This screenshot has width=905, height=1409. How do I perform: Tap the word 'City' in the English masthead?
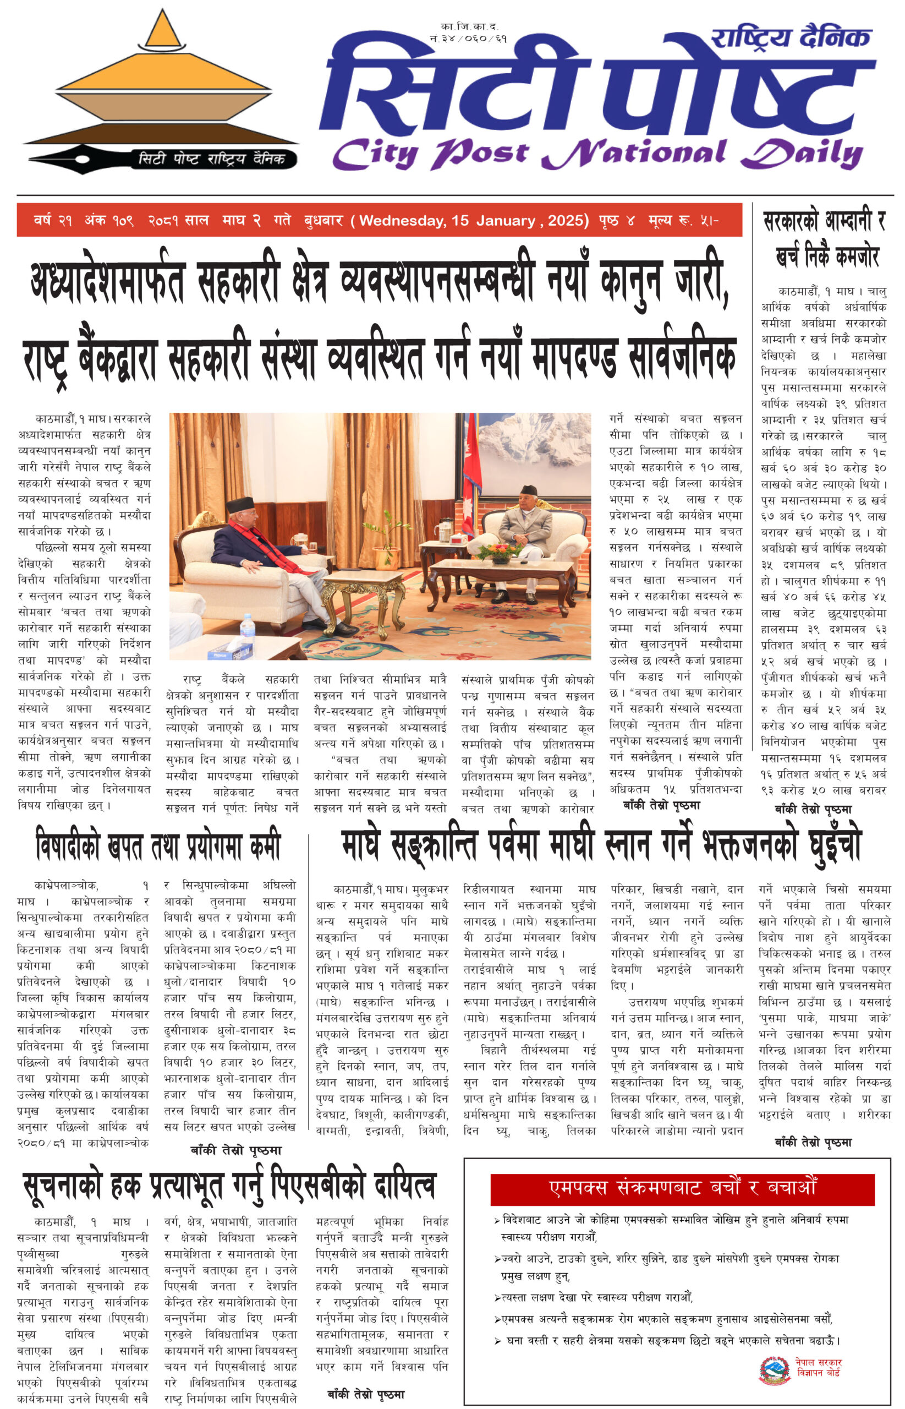point(376,154)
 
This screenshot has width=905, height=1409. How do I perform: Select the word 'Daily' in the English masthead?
point(802,154)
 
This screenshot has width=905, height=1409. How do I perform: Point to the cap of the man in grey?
point(528,490)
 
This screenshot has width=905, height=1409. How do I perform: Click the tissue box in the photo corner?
point(226,651)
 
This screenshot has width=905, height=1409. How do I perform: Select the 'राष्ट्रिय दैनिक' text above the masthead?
point(790,38)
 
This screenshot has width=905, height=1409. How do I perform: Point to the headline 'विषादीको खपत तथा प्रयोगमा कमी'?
point(158,847)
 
